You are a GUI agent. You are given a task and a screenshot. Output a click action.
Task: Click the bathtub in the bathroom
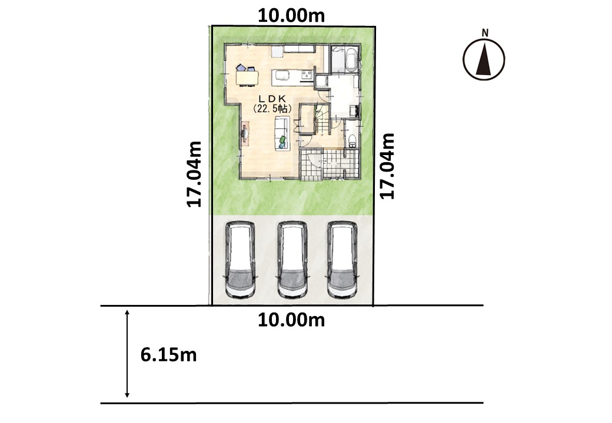point(347,60)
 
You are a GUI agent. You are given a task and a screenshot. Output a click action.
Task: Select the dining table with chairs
point(247,76)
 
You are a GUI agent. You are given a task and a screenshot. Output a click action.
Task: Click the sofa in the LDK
point(282,133)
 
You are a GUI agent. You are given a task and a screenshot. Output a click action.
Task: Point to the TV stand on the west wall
point(245,134)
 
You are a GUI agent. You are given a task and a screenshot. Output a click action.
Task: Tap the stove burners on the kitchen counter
point(307,75)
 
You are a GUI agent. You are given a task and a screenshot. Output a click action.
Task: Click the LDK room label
point(272,100)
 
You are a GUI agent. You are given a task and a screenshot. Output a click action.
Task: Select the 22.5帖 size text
point(272,109)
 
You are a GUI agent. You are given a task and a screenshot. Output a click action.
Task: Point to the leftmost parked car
point(240,260)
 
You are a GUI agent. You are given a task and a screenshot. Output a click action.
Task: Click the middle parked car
point(292,260)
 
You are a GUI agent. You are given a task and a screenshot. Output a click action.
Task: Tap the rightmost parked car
point(342,260)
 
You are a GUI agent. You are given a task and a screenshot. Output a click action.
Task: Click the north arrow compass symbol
point(484,59)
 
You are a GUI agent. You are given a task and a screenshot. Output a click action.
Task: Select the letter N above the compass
point(485,33)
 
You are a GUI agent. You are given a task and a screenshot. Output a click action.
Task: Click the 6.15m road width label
point(169,355)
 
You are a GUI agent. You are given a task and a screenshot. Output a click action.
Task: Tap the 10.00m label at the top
point(291,16)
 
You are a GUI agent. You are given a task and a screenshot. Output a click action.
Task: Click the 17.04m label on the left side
point(194,174)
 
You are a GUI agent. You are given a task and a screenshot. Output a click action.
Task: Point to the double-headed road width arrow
point(127,354)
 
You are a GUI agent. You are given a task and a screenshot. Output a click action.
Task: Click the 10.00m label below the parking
point(291,320)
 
